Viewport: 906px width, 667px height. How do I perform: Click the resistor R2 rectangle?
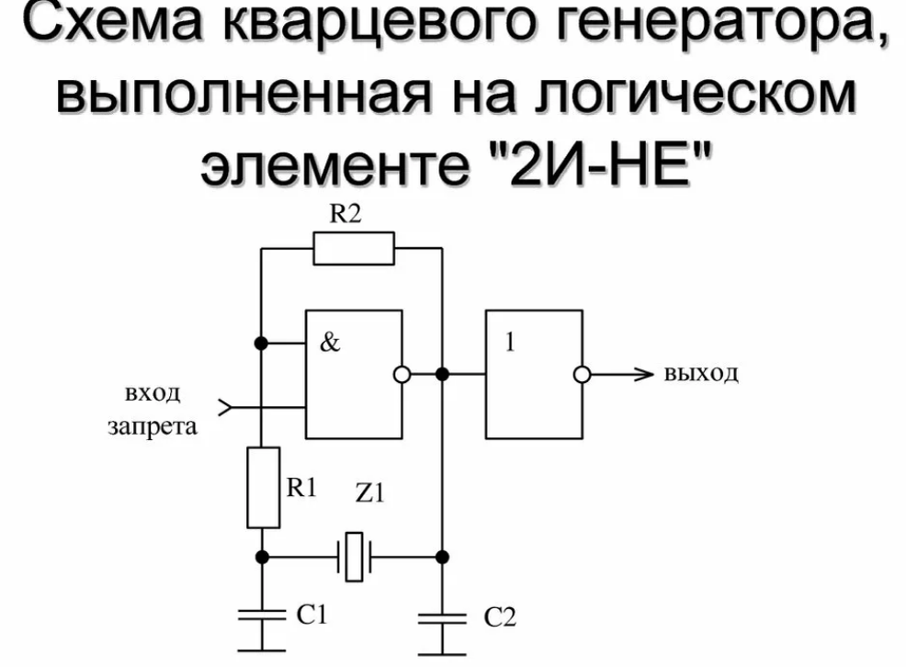(x=354, y=248)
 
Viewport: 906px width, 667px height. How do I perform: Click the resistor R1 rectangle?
(x=263, y=488)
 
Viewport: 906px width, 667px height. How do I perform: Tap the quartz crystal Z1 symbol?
(x=354, y=557)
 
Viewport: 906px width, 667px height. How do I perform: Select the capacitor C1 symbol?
(x=263, y=615)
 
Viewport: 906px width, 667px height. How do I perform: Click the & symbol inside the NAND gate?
(x=330, y=345)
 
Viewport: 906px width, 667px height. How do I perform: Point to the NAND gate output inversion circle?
(x=401, y=374)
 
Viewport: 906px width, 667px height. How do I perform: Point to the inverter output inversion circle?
(x=582, y=375)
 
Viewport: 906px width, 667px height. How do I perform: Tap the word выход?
(x=699, y=375)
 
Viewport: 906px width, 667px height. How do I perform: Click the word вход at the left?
(x=152, y=395)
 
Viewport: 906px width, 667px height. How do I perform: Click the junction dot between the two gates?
(x=442, y=374)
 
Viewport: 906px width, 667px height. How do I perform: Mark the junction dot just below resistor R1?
(x=263, y=557)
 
